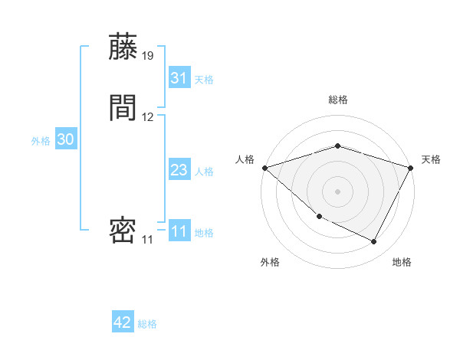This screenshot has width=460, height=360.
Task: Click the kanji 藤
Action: pos(123,47)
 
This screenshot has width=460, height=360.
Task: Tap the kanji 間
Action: pos(123,108)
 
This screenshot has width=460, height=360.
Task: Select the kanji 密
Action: pos(123,231)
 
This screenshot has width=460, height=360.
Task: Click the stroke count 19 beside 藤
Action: pos(148,56)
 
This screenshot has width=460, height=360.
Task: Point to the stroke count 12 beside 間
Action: pos(148,117)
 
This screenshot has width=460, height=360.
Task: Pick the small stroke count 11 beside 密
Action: pos(147,240)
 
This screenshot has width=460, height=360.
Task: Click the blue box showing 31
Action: pos(179,78)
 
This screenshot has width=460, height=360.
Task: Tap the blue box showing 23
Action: pos(179,170)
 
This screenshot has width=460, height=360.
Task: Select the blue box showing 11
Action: pos(179,231)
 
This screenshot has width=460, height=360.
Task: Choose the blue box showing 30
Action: pos(66,139)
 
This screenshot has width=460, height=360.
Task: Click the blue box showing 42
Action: pos(123,323)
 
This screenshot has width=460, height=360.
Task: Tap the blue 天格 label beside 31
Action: pos(204,79)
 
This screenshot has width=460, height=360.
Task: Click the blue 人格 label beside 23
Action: pos(204,171)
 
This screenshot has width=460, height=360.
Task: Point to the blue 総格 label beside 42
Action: pos(147,324)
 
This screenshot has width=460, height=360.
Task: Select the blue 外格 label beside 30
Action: pos(41,140)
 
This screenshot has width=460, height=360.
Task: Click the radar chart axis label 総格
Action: pos(338,100)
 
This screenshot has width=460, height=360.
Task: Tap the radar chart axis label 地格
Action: pos(402,262)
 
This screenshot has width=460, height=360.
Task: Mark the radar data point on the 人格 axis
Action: pos(264,167)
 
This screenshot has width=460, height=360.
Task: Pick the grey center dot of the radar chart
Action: pos(338,191)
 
